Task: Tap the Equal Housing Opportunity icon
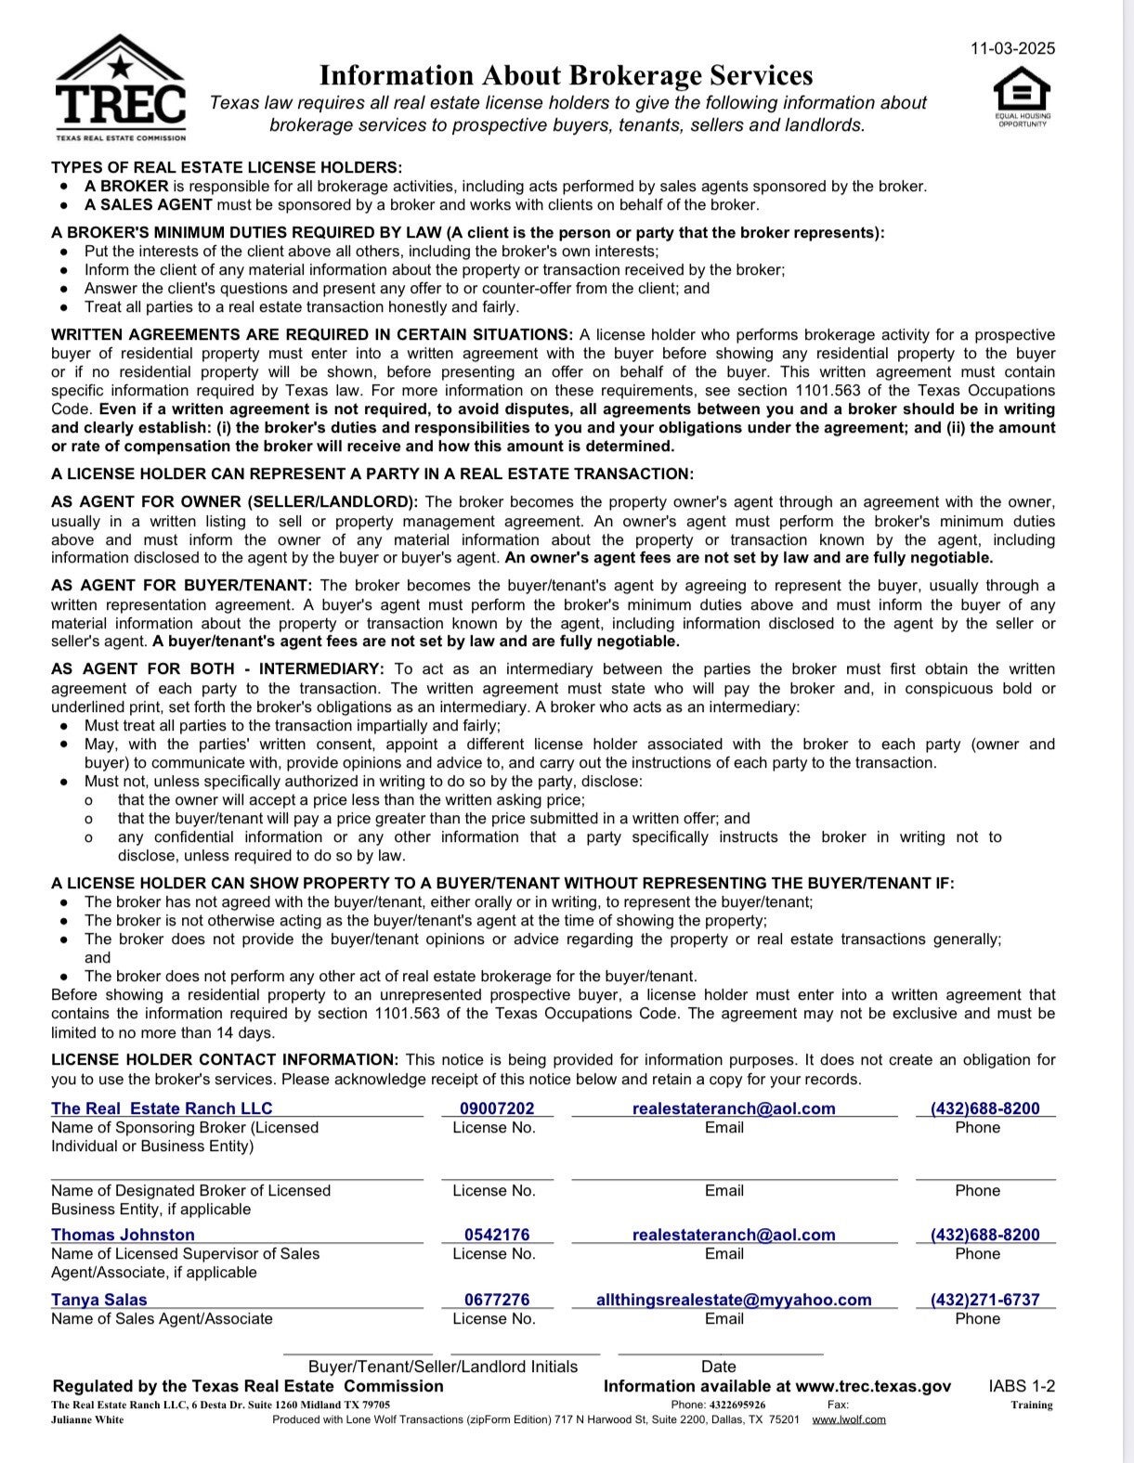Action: click(1022, 95)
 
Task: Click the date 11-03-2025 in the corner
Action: click(1012, 49)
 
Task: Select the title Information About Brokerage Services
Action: click(566, 75)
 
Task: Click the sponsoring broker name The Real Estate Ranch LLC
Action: click(162, 1108)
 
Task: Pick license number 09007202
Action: click(497, 1108)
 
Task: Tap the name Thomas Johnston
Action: click(123, 1235)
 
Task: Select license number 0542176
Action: click(497, 1235)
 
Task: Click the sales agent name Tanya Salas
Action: click(99, 1300)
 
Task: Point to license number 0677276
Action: click(497, 1300)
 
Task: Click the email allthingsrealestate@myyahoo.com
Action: click(734, 1300)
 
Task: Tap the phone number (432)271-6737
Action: click(984, 1300)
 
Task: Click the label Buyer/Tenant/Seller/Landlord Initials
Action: click(442, 1366)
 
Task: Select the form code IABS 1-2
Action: click(1022, 1386)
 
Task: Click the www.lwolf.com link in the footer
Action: click(848, 1419)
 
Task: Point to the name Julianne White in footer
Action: click(87, 1419)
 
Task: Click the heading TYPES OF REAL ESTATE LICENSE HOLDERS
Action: click(227, 167)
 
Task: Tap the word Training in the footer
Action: click(1031, 1405)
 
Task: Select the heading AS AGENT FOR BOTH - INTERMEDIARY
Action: click(217, 669)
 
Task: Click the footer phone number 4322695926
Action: click(734, 1405)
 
